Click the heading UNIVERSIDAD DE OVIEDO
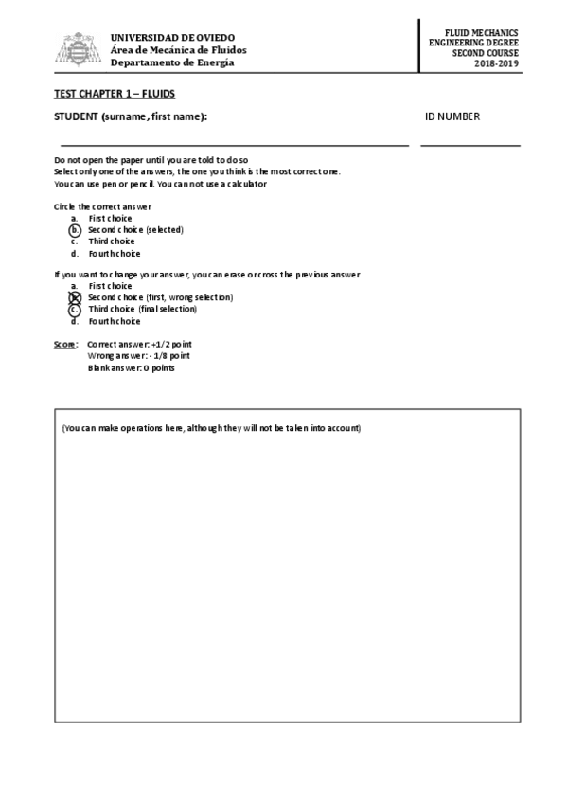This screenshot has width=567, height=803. [172, 37]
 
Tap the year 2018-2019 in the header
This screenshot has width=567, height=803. [497, 64]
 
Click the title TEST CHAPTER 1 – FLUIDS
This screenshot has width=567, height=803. [115, 94]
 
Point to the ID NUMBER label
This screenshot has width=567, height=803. [452, 117]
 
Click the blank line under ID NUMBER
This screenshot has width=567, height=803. [470, 146]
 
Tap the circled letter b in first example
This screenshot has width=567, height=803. [74, 230]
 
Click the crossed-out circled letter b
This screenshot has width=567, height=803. [74, 297]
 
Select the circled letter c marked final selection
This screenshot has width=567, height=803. [74, 309]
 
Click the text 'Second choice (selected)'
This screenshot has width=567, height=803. [135, 230]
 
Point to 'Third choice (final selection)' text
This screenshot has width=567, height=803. [142, 309]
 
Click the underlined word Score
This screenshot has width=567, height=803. [65, 344]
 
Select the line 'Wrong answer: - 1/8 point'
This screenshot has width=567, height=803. [138, 356]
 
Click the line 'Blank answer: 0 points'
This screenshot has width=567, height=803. [131, 367]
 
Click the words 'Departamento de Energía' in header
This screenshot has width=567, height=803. [171, 62]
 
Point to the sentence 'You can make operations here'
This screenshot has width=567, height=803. [211, 428]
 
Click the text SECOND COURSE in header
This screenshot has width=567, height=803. [486, 54]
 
